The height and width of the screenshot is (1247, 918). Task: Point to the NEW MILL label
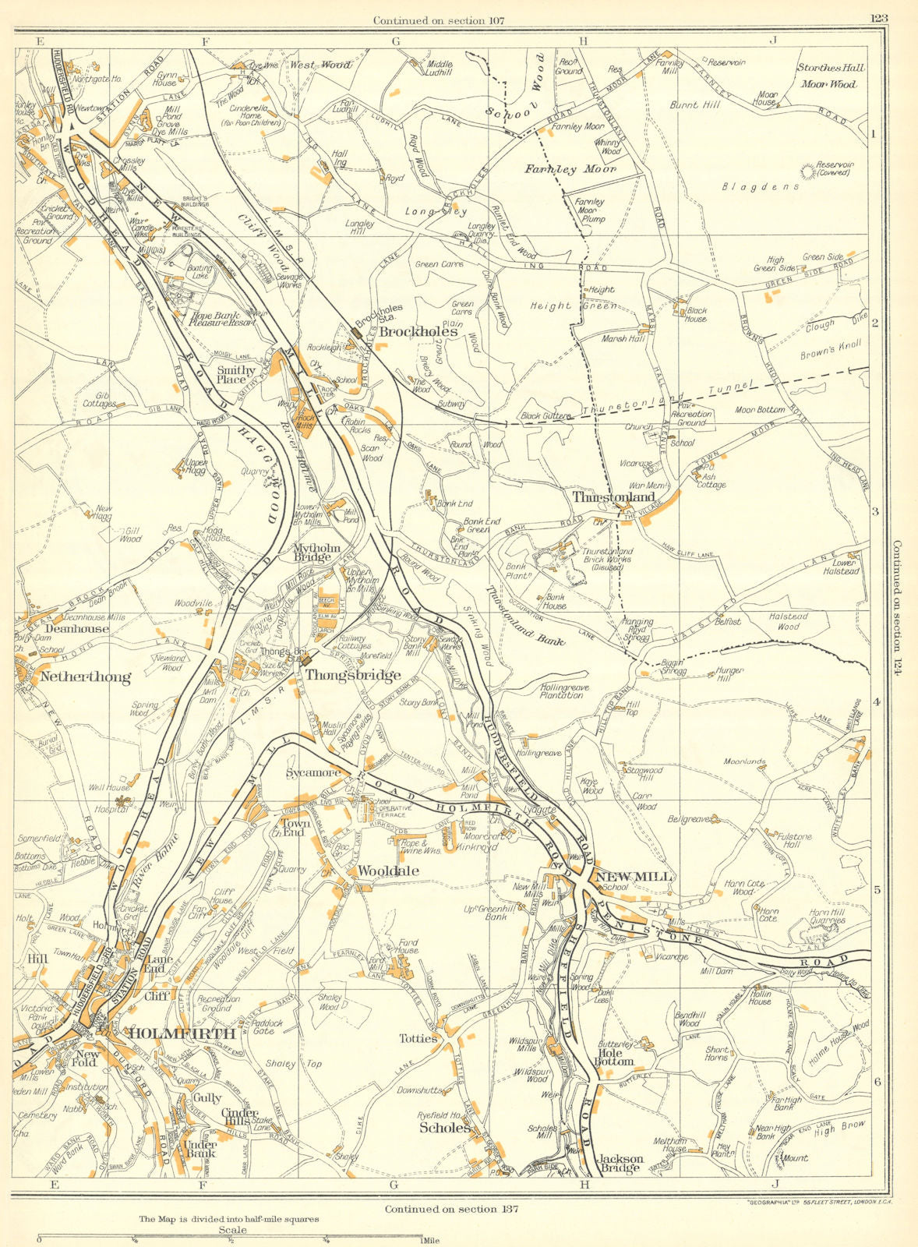coord(633,877)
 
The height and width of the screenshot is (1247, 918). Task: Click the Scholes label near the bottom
coord(445,1127)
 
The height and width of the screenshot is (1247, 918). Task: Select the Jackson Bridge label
coord(620,1163)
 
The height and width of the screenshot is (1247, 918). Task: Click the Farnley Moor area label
coord(570,168)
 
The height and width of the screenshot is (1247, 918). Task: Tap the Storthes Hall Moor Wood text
coord(831,76)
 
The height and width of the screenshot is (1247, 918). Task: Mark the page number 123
coord(883,20)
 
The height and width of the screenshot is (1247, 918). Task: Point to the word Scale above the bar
coord(232,1230)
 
